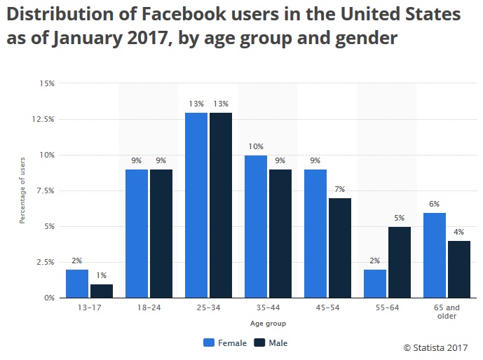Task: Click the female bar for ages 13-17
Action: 77,284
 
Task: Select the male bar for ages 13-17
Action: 101,291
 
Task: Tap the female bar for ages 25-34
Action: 196,205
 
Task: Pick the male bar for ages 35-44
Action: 280,234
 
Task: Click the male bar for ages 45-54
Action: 339,248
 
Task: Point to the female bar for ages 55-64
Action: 374,284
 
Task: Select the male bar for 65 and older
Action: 458,270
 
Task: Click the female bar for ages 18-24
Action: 137,234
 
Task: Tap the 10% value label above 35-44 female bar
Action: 255,146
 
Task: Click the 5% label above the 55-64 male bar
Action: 399,218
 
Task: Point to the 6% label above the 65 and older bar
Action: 434,204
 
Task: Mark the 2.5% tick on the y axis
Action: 45,262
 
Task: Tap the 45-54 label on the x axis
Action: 327,307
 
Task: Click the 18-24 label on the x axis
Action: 149,307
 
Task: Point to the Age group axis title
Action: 268,324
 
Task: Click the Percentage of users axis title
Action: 22,191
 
